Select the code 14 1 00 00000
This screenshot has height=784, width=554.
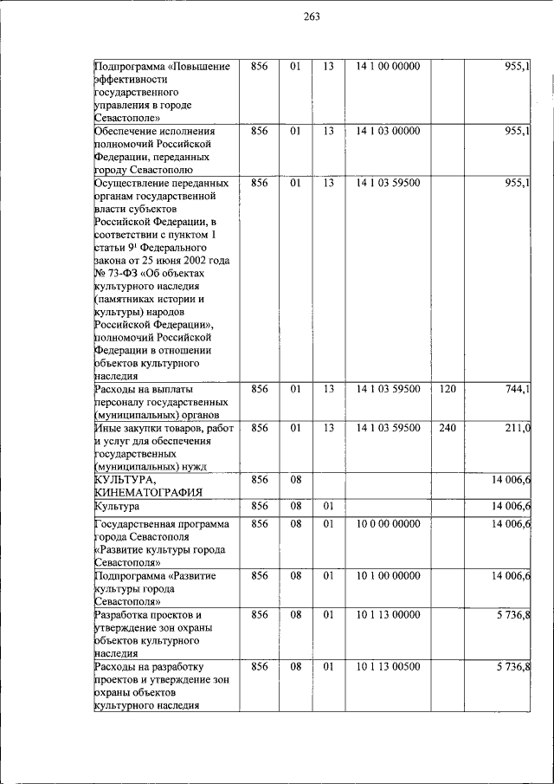coord(388,67)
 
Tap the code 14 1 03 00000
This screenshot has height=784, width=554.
coord(388,131)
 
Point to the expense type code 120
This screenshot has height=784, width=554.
coord(448,389)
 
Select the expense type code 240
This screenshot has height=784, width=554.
coord(448,427)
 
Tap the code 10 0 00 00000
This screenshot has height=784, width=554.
coord(388,524)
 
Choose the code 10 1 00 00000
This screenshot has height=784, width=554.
coord(388,575)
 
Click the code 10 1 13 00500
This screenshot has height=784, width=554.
coord(388,666)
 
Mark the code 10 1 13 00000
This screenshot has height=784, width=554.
coord(388,614)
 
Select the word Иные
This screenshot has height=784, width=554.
coord(109,428)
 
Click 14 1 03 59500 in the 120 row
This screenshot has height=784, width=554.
coord(388,389)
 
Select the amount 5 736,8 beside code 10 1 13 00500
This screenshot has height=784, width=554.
coord(512,666)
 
